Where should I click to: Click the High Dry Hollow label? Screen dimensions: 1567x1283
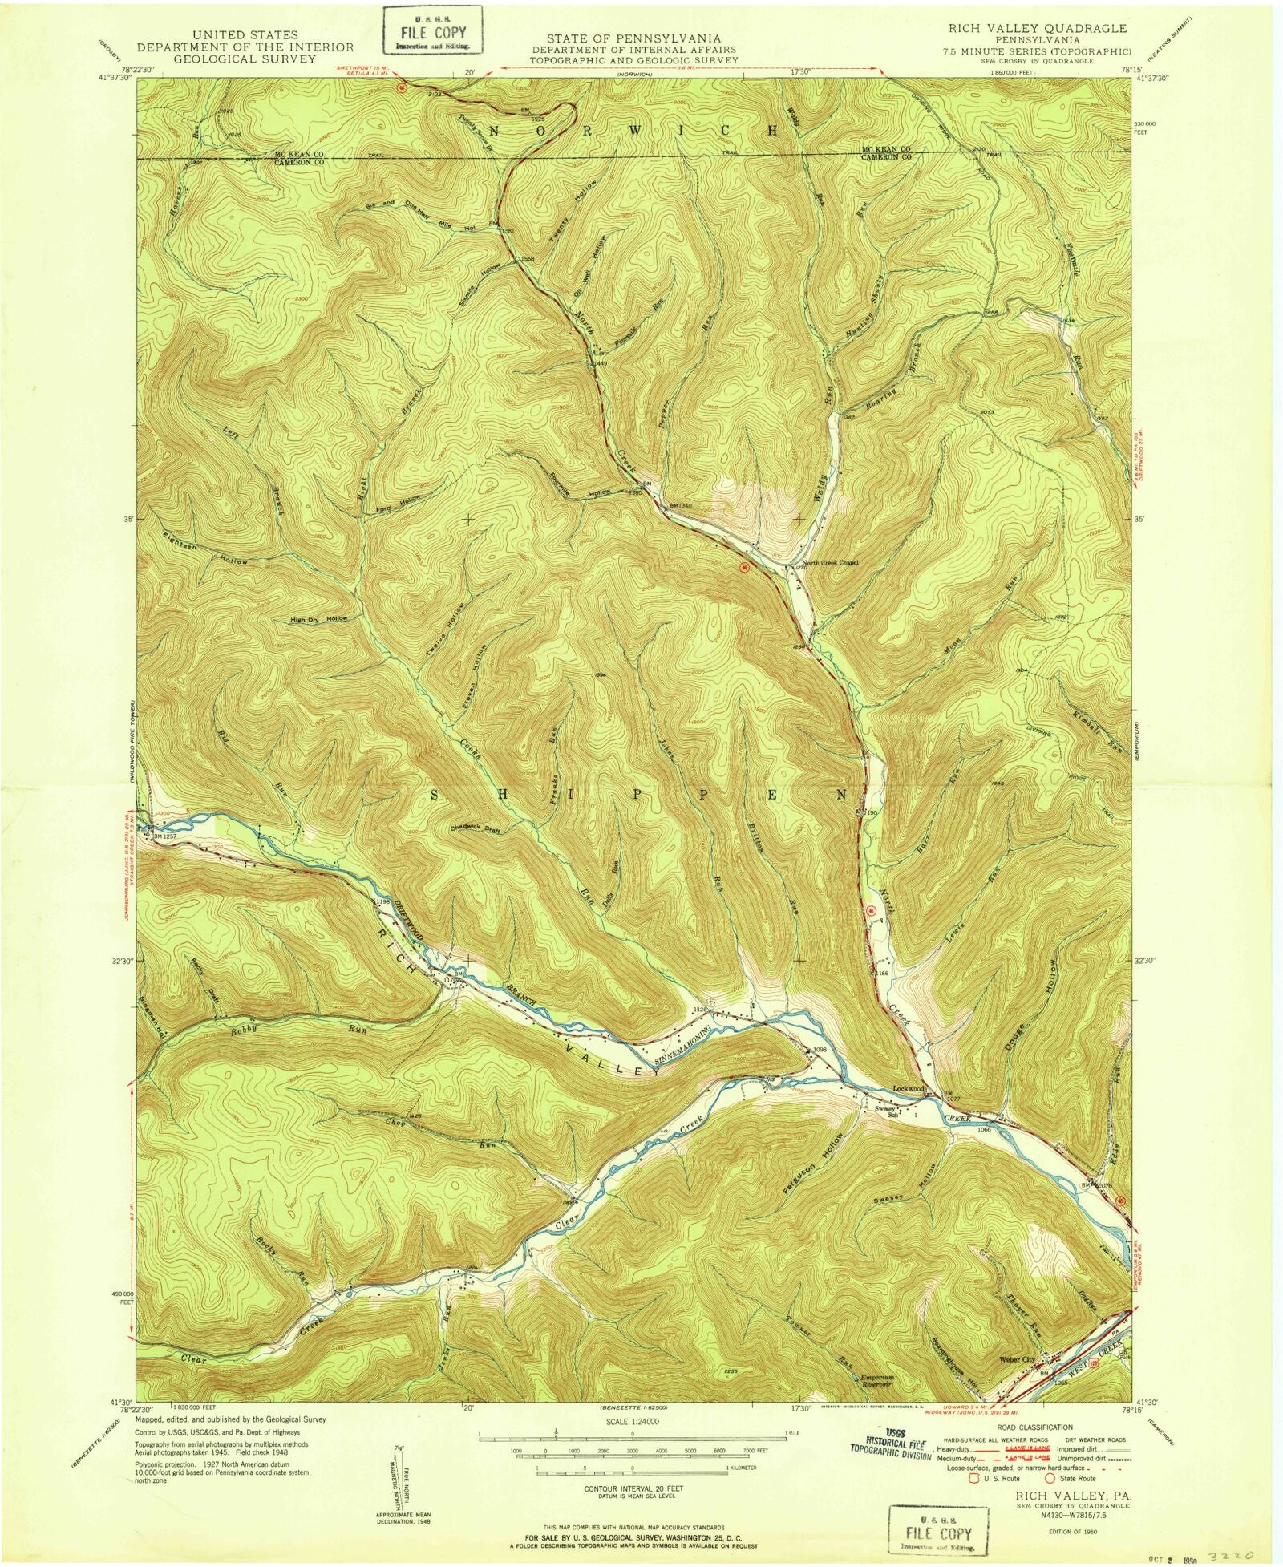point(319,619)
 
